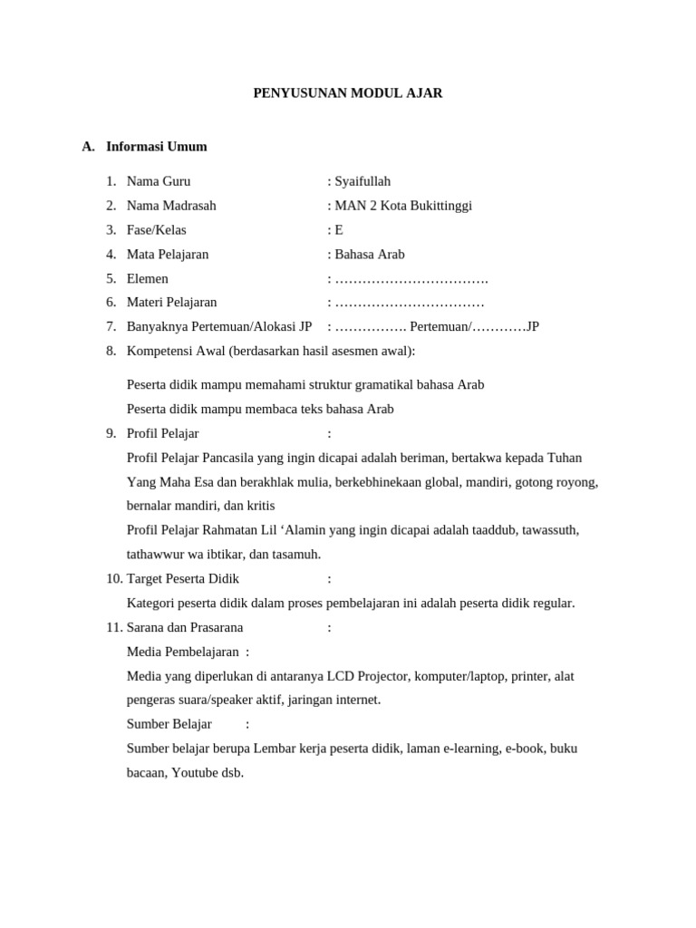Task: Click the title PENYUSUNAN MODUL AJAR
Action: [x=347, y=93]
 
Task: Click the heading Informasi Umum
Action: [x=156, y=147]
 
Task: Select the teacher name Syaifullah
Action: [x=362, y=181]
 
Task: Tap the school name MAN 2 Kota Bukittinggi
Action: [x=403, y=206]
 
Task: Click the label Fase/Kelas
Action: [x=156, y=230]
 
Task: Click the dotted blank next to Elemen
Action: [x=411, y=279]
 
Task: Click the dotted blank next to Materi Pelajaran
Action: [x=410, y=303]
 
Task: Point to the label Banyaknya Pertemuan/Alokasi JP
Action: [x=218, y=326]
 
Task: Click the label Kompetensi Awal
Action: [x=177, y=351]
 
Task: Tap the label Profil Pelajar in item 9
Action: [x=162, y=433]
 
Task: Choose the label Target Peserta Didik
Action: [x=182, y=578]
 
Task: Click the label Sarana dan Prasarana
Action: [x=184, y=627]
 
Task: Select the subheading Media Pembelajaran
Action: [x=182, y=652]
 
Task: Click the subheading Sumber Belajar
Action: [x=169, y=724]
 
